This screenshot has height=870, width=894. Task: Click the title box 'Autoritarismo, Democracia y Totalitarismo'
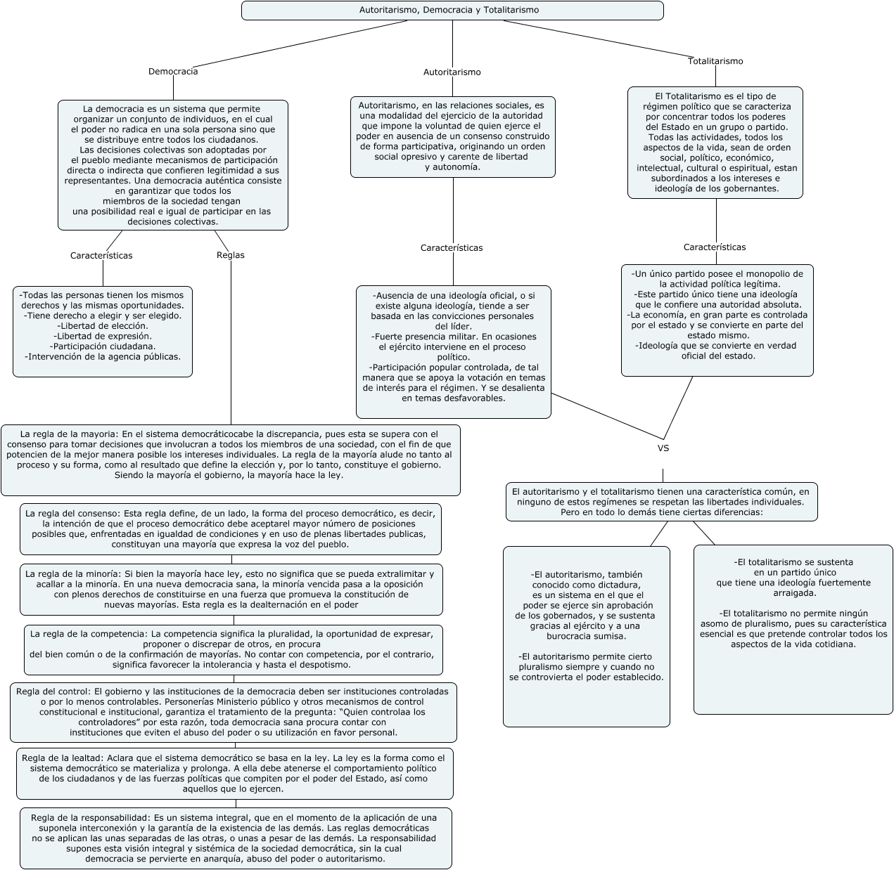[452, 11]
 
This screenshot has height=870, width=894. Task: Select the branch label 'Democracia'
[173, 71]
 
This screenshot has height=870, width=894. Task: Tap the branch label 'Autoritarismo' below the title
[452, 72]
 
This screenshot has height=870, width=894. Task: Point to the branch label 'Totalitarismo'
[715, 61]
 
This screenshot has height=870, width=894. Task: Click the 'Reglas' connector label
[231, 255]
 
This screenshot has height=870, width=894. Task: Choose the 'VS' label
[663, 448]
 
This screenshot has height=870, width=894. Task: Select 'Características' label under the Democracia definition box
[101, 255]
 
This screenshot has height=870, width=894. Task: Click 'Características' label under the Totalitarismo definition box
[715, 247]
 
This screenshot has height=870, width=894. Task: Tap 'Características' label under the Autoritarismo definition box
[452, 247]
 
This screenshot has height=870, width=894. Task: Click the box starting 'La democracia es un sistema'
[173, 165]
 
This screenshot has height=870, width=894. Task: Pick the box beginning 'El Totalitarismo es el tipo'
[715, 143]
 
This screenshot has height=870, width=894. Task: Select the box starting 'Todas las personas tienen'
[103, 331]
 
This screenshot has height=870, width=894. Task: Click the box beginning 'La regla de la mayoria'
[231, 460]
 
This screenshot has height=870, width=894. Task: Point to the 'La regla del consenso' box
[231, 528]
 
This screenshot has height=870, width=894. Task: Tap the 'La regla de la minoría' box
[231, 589]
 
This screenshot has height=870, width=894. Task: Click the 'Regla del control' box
[234, 712]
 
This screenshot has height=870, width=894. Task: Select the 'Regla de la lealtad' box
[235, 773]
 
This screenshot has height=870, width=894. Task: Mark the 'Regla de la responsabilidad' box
[236, 838]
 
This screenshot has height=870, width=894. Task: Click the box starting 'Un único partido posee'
[717, 320]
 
